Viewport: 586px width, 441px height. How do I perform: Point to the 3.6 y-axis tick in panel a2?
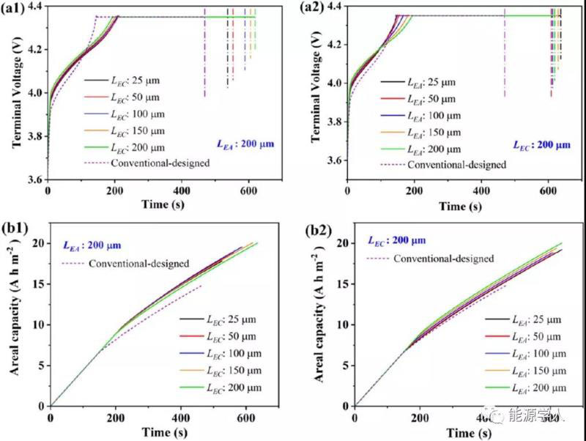335,160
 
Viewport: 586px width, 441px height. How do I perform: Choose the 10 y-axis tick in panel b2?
341,325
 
